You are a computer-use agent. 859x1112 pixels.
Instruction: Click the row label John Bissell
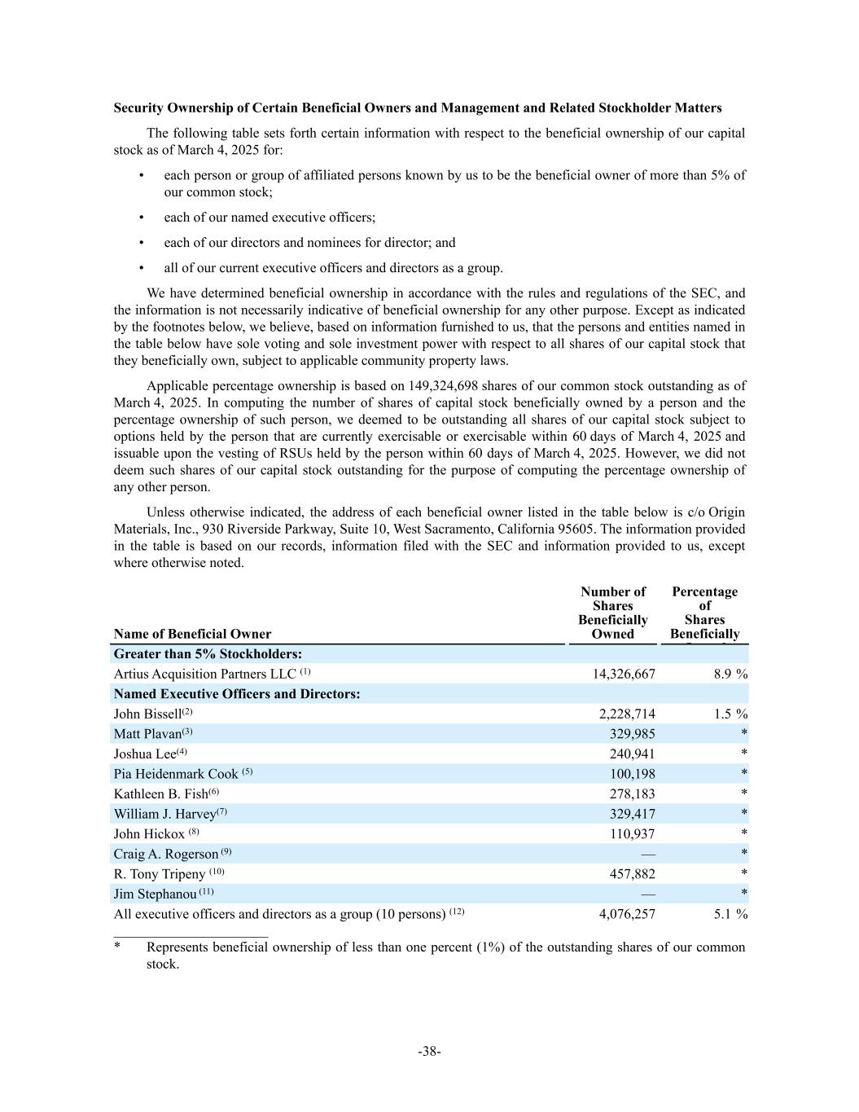click(147, 714)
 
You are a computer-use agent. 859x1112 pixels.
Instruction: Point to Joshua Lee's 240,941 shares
click(632, 754)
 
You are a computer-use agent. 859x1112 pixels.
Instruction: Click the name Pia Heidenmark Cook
click(176, 774)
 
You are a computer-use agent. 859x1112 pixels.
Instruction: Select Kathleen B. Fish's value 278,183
click(632, 794)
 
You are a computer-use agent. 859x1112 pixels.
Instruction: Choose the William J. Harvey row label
click(164, 814)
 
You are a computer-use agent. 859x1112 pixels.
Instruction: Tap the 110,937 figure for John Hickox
click(632, 834)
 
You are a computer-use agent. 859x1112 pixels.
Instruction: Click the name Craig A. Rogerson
click(166, 854)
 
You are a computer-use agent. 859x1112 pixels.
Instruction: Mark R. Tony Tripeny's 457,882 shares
click(632, 874)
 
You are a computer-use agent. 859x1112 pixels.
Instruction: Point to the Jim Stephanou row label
click(155, 894)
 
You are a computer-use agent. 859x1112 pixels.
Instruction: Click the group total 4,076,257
click(627, 914)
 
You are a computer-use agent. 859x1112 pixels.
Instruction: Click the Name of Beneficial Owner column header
click(193, 634)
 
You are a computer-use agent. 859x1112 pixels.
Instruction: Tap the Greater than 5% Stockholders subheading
click(208, 654)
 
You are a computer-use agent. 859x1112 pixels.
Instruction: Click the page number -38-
click(430, 1052)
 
